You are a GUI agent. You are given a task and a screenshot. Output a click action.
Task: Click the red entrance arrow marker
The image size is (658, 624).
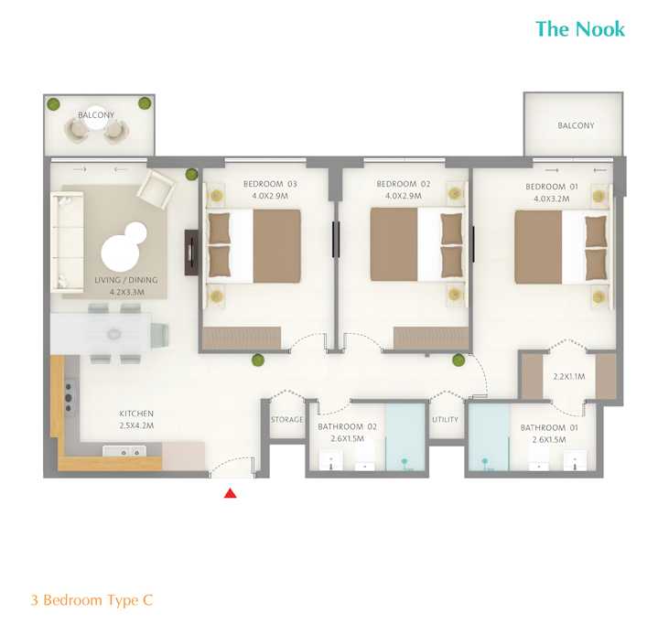click(x=231, y=494)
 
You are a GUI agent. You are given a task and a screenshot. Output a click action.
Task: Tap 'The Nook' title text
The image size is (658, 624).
click(x=580, y=29)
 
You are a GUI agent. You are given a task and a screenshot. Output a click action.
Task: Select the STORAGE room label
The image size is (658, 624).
click(x=286, y=420)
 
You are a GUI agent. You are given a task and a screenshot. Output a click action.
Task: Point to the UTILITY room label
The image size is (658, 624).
click(x=445, y=420)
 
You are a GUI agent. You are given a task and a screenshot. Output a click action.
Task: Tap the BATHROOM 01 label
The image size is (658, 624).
click(x=544, y=427)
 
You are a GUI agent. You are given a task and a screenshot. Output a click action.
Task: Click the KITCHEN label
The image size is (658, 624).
click(x=136, y=414)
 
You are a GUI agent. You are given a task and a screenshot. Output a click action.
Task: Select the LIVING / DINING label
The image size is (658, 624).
click(x=120, y=281)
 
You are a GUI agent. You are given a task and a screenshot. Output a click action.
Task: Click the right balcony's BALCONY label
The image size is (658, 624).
click(x=576, y=126)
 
